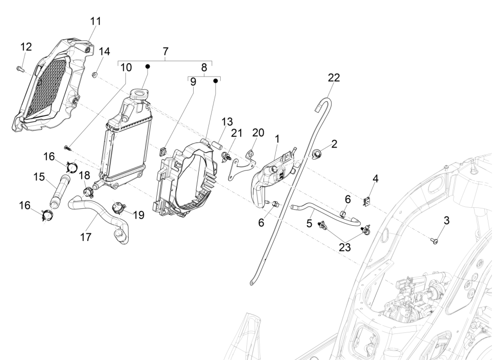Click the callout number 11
pyautogui.click(x=96, y=21)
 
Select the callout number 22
pyautogui.click(x=334, y=78)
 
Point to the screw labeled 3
pyautogui.click(x=434, y=239)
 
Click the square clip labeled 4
pyautogui.click(x=367, y=202)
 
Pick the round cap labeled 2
pyautogui.click(x=318, y=152)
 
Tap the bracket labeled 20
pyautogui.click(x=242, y=163)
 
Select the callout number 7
pyautogui.click(x=165, y=52)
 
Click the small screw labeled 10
pyautogui.click(x=68, y=148)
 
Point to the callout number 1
pyautogui.click(x=277, y=138)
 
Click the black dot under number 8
pyautogui.click(x=216, y=80)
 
